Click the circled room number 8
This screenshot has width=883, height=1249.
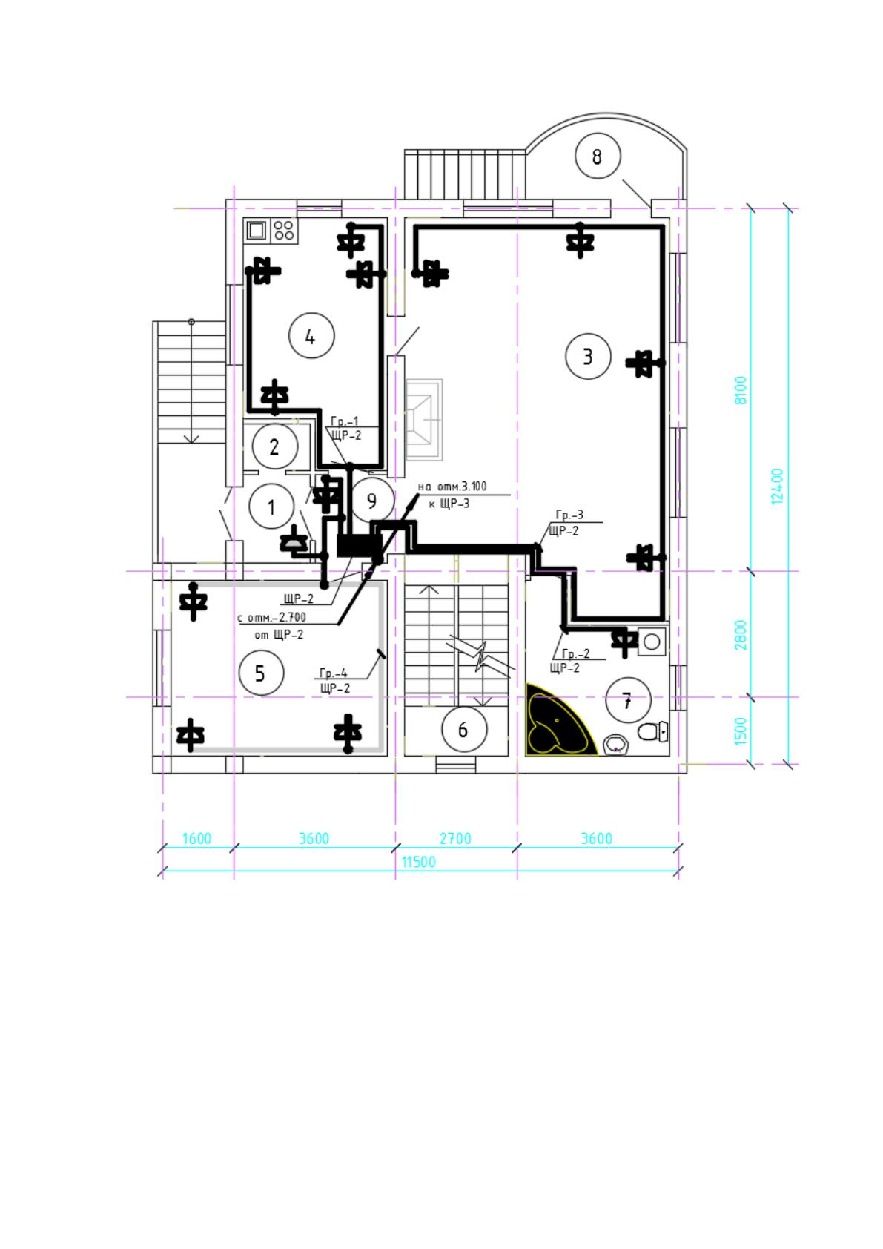(598, 156)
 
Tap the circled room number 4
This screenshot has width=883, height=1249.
(311, 336)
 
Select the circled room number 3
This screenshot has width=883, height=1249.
(587, 356)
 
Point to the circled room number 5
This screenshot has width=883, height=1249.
(261, 673)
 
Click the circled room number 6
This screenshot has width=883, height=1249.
(464, 729)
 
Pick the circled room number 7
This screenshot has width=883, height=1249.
(628, 699)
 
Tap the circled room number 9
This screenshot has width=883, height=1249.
(372, 500)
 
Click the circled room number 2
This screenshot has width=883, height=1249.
(275, 446)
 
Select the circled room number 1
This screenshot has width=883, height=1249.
(271, 507)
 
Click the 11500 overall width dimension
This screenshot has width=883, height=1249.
(419, 862)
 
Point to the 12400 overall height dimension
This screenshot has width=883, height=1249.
(777, 487)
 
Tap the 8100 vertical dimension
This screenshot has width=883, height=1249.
(741, 390)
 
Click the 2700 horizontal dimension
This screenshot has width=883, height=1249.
(455, 839)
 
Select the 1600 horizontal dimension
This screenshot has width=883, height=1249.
(196, 839)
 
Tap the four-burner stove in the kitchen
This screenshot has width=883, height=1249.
(284, 230)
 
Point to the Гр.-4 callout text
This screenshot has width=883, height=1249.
(334, 673)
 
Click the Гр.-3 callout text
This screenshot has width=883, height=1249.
(569, 515)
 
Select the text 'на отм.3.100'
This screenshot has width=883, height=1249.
(452, 487)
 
